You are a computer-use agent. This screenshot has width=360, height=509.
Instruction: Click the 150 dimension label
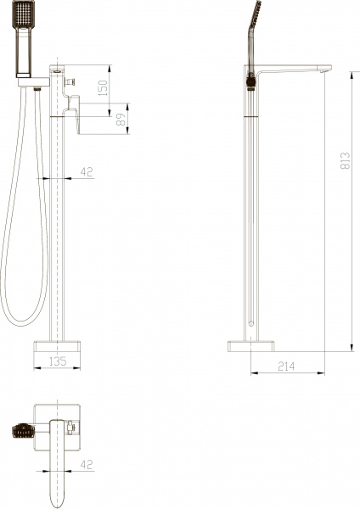[104, 87]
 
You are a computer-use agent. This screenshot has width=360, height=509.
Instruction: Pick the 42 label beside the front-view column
[86, 172]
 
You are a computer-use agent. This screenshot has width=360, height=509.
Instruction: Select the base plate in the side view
[252, 345]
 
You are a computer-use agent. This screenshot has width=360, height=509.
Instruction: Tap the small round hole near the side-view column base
[252, 324]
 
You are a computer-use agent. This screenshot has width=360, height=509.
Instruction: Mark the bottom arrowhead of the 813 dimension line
[351, 348]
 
